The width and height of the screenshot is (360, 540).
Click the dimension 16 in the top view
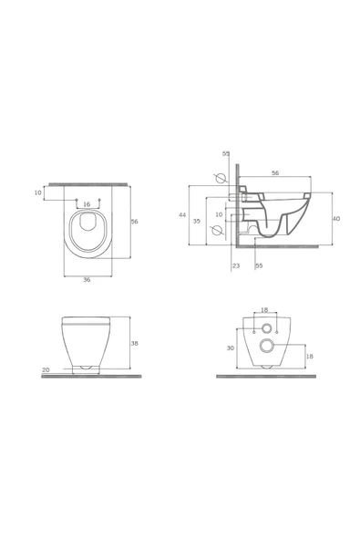point(87,204)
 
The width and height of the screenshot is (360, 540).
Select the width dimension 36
point(87,280)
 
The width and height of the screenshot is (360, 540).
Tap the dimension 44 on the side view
point(182,215)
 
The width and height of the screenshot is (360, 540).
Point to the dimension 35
point(197,221)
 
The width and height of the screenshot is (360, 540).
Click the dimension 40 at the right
point(336,219)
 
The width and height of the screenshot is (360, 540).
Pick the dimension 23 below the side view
point(236,265)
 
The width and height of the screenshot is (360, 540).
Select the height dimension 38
point(135,343)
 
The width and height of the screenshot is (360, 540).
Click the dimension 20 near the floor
point(46,369)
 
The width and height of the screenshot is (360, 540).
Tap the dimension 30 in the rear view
point(231,348)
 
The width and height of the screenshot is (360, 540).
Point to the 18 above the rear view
point(264,310)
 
